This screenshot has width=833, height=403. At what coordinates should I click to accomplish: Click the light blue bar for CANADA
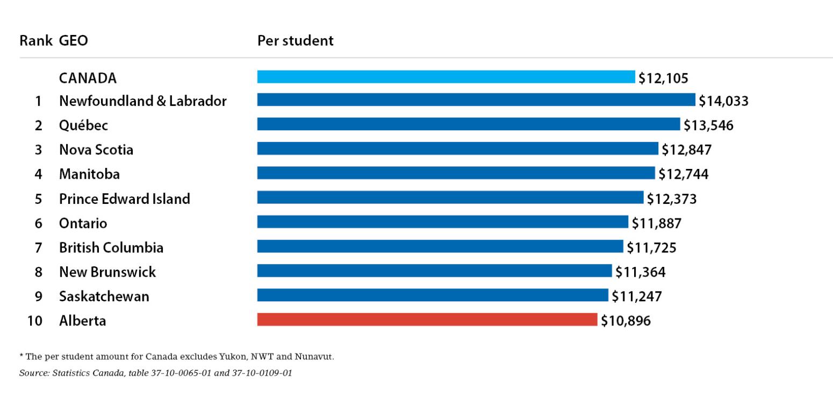[x=446, y=77]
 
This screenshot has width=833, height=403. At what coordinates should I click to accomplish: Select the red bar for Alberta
[x=427, y=320]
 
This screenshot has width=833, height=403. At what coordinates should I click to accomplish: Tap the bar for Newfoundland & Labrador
[x=476, y=100]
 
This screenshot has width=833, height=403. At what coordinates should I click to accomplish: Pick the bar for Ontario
[x=442, y=222]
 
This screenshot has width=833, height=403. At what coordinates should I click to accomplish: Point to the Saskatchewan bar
[x=432, y=295]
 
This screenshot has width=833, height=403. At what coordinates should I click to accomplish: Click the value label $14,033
[x=723, y=101]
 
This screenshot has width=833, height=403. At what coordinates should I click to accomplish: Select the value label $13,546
[x=708, y=125]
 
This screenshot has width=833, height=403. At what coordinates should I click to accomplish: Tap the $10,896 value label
[x=626, y=321]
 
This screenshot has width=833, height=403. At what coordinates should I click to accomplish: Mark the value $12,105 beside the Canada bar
[x=663, y=78]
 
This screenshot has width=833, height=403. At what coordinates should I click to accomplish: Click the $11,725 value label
[x=651, y=248]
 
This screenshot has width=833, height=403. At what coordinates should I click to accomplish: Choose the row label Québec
[x=83, y=125]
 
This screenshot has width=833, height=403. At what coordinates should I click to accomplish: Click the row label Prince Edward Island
[x=124, y=199]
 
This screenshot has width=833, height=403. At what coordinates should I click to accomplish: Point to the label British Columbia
[x=111, y=248]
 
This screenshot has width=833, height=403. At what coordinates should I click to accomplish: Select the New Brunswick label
[x=107, y=272]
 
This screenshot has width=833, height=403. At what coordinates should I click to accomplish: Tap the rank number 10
[x=34, y=321]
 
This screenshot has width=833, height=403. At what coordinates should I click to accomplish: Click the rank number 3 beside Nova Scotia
[x=38, y=150]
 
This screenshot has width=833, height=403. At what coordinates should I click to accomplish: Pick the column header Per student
[x=295, y=40]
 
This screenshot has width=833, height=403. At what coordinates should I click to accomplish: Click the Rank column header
[x=35, y=40]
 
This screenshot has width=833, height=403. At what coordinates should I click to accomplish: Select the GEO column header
[x=74, y=40]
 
